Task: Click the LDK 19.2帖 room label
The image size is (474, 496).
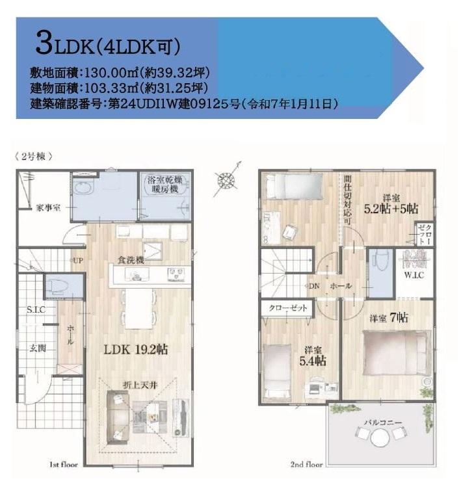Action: pyautogui.click(x=136, y=350)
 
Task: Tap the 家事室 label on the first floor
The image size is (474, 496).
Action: pyautogui.click(x=48, y=208)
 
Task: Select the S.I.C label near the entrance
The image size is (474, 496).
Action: pyautogui.click(x=36, y=309)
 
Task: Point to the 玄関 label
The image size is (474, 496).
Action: pyautogui.click(x=38, y=348)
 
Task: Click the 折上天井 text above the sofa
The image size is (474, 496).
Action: pyautogui.click(x=140, y=385)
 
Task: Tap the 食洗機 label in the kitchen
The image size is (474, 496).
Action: pyautogui.click(x=131, y=260)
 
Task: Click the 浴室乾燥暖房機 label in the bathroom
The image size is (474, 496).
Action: pyautogui.click(x=165, y=185)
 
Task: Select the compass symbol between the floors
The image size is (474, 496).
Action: pyautogui.click(x=227, y=180)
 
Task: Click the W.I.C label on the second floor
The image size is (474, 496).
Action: pyautogui.click(x=414, y=275)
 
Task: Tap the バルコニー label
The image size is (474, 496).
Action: pyautogui.click(x=382, y=423)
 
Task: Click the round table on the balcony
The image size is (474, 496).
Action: pyautogui.click(x=380, y=438)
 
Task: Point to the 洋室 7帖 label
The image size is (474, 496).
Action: pyautogui.click(x=389, y=318)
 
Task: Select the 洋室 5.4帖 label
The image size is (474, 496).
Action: pyautogui.click(x=313, y=356)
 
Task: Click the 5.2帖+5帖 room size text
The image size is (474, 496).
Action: pyautogui.click(x=391, y=209)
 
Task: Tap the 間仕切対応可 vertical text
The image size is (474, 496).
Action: pyautogui.click(x=347, y=200)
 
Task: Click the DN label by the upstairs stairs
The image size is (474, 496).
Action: pyautogui.click(x=314, y=286)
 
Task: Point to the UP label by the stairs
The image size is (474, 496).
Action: pyautogui.click(x=78, y=261)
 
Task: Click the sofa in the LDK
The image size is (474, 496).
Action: pyautogui.click(x=118, y=417)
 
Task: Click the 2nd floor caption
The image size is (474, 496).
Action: pyautogui.click(x=307, y=464)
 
